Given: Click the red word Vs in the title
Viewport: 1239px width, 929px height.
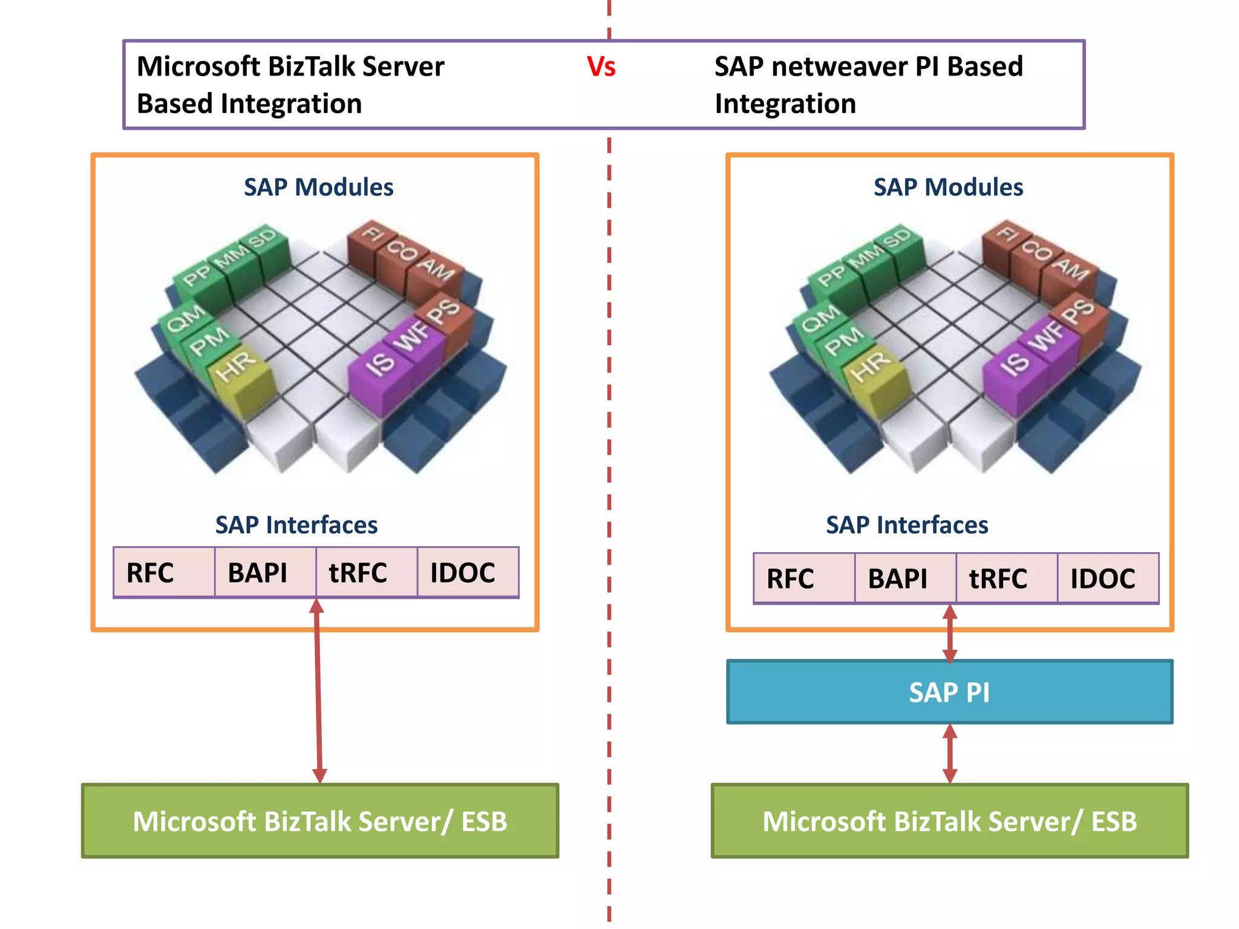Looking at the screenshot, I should coord(601,67).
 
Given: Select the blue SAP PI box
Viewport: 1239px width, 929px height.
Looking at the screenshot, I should coord(949,692).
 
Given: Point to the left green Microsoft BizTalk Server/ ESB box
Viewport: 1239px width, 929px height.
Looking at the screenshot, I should coord(320,821).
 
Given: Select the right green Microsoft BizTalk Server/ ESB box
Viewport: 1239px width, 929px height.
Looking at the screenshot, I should coord(950,821).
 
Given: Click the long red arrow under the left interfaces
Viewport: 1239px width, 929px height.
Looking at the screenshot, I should coord(318,689).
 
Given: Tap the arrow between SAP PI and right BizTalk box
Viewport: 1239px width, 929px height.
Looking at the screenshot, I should coord(950,754).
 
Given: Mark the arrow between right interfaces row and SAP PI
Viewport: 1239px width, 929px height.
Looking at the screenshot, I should coord(950,634).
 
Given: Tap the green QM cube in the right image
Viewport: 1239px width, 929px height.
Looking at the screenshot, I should coord(822,321).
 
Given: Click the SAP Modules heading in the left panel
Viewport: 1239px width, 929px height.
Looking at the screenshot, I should coord(318,187).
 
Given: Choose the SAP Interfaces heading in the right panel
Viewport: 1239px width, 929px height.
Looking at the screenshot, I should coord(906,524).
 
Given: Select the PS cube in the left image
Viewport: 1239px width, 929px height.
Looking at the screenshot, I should coord(446,315).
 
